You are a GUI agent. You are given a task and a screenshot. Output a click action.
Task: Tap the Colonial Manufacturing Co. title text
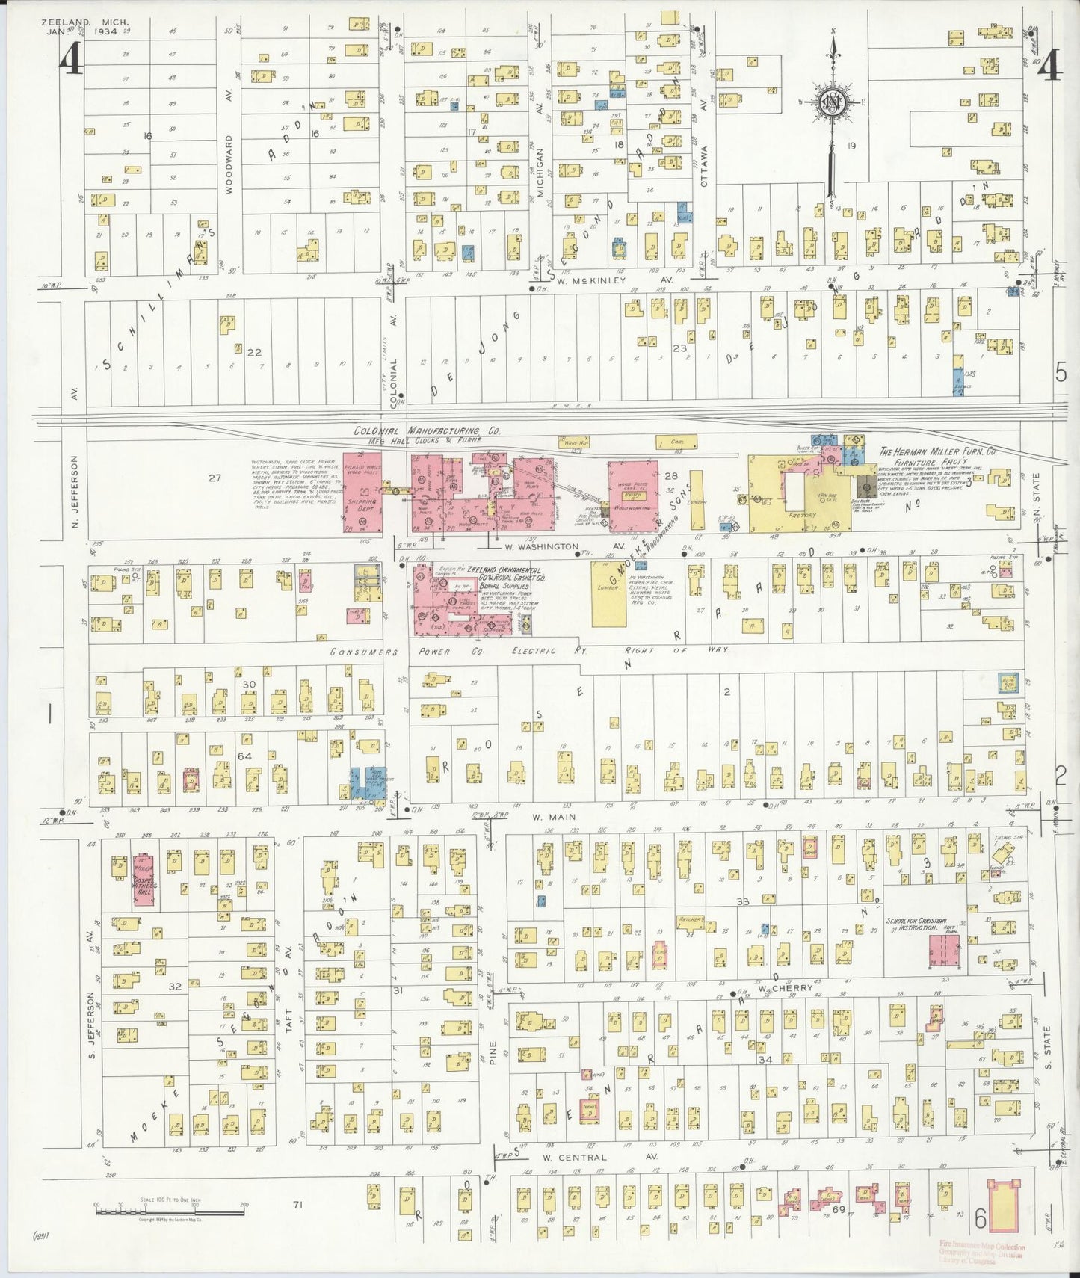[427, 431]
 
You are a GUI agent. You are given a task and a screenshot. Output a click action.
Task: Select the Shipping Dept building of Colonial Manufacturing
[362, 492]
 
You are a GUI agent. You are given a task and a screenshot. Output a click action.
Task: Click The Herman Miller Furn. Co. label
[939, 451]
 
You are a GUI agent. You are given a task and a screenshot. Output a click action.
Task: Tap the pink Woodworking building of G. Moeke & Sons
[632, 496]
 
